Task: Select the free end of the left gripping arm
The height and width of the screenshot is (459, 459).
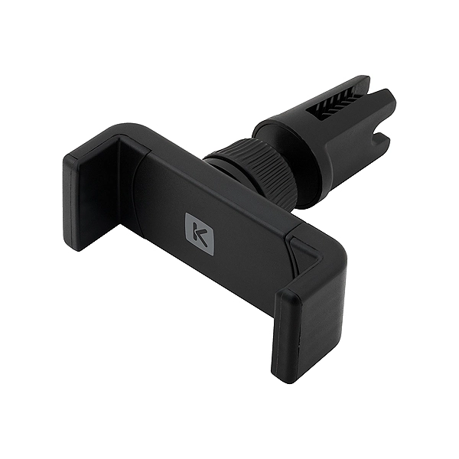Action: [76, 207]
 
